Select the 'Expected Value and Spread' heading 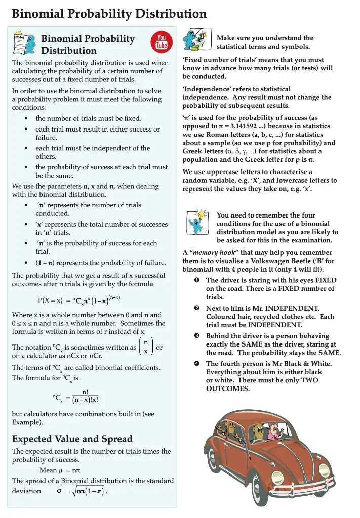[x=72, y=439]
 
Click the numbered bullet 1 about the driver [x=195, y=280]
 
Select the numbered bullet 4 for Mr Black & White [x=195, y=364]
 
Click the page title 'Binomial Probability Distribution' [x=109, y=14]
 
